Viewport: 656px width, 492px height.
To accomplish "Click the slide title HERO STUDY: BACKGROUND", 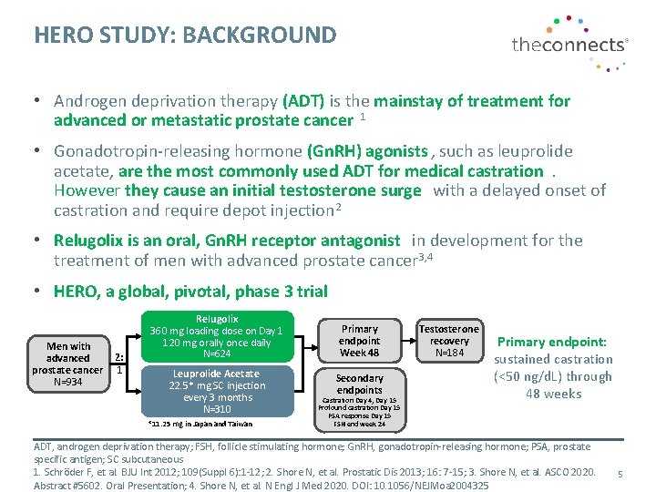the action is pyautogui.click(x=185, y=36).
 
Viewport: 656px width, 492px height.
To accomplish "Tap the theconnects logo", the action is pyautogui.click(x=569, y=43).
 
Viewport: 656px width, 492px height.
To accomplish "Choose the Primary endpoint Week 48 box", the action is pyautogui.click(x=359, y=341).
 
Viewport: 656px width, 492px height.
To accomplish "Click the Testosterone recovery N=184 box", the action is pyautogui.click(x=449, y=340).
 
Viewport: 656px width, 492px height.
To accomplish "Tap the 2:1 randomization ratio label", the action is pyautogui.click(x=118, y=364).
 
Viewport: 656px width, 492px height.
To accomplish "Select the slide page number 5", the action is pyautogui.click(x=620, y=474).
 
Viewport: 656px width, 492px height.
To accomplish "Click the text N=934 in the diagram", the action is pyautogui.click(x=68, y=382).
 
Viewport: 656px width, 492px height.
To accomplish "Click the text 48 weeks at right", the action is pyautogui.click(x=553, y=394).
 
